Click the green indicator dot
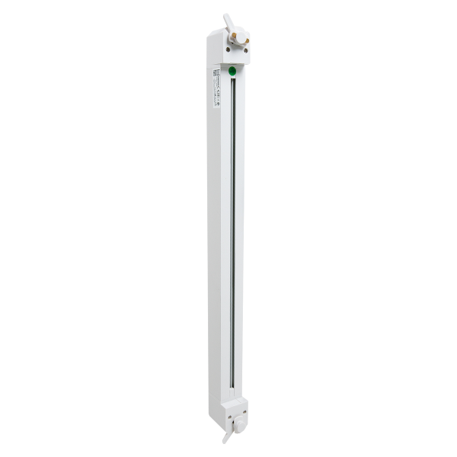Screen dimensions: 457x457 click(x=232, y=70)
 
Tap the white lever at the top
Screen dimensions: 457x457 click(x=228, y=22)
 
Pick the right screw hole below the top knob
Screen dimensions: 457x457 click(x=245, y=50)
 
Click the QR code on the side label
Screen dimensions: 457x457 click(x=216, y=73)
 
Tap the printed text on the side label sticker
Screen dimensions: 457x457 click(x=216, y=91)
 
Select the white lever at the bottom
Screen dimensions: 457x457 click(x=227, y=437)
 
